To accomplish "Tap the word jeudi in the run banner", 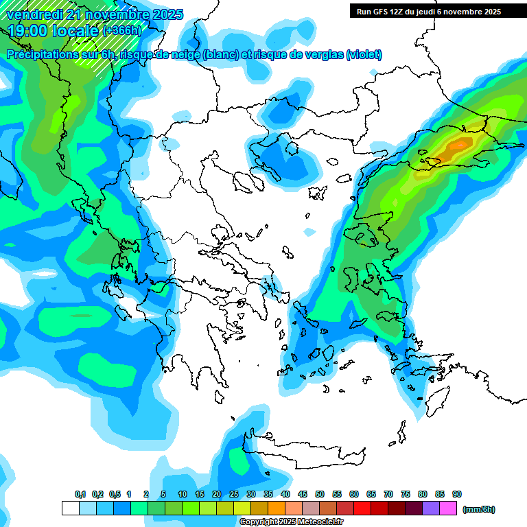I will tap(430, 12).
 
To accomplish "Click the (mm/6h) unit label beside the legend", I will tap(478, 509).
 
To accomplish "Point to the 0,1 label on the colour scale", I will tap(80, 495).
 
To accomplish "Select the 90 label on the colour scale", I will tap(457, 495).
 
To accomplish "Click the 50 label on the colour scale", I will tap(320, 495).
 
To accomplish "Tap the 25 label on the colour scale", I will tap(234, 495).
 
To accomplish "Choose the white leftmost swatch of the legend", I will tap(70, 508).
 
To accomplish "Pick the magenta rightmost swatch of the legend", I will tap(448, 508).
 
